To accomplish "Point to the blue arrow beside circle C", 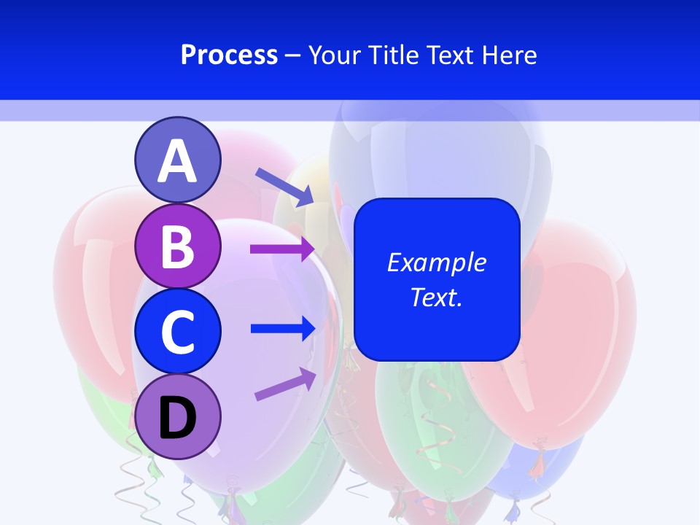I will [282, 328].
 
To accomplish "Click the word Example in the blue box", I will [436, 262].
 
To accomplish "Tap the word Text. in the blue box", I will [436, 297].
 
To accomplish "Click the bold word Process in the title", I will [229, 55].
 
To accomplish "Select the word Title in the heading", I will [390, 55].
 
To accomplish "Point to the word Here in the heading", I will [510, 55].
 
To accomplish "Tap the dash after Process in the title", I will [292, 55].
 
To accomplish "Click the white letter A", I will [177, 161].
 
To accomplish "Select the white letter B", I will [177, 246].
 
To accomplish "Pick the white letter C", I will [177, 332].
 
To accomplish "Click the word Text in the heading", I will [450, 55].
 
